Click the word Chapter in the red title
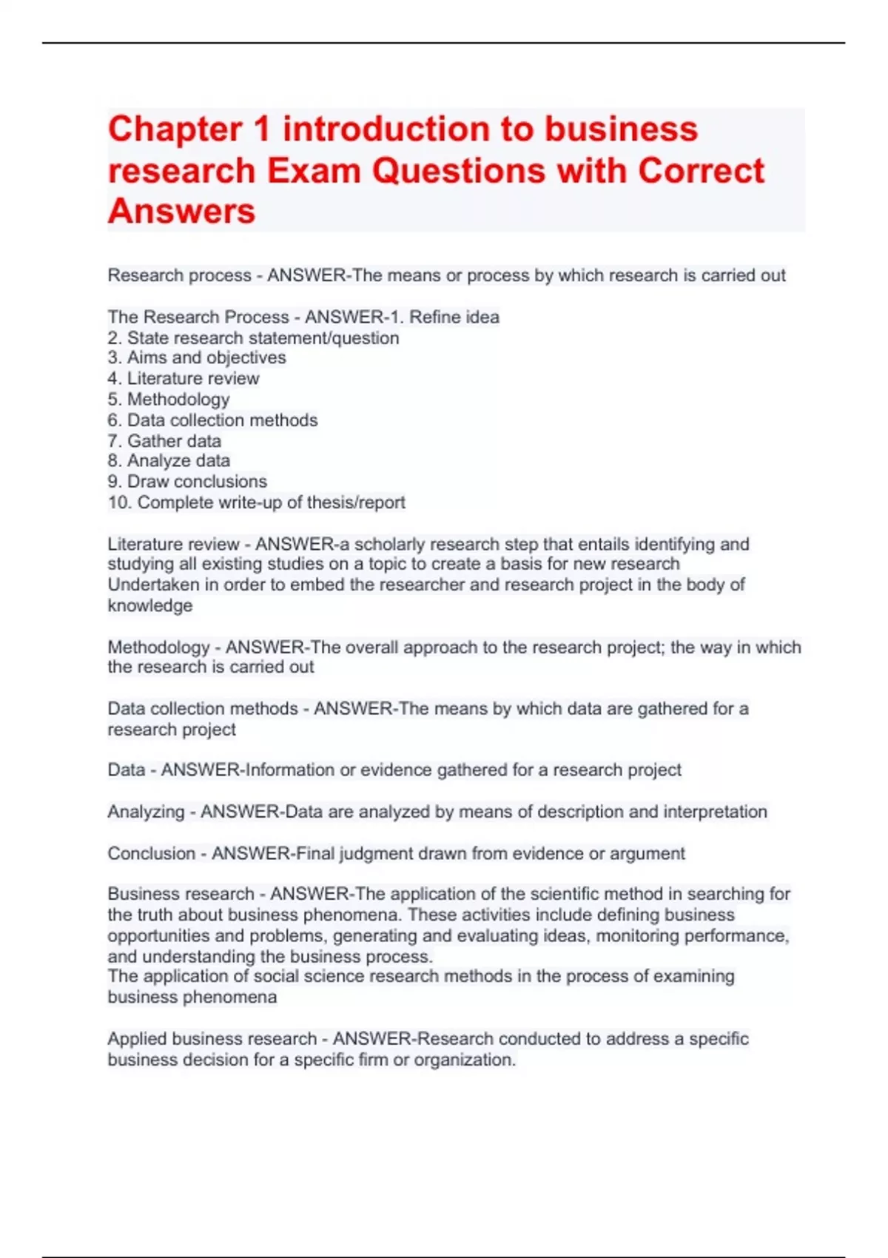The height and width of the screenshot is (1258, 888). [x=175, y=129]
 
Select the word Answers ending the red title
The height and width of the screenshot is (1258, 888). [x=181, y=212]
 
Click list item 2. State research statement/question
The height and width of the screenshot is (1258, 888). [x=253, y=338]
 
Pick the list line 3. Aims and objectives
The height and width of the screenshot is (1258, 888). [x=197, y=358]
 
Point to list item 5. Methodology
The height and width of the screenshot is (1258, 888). [x=169, y=400]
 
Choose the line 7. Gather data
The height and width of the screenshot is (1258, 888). [x=164, y=441]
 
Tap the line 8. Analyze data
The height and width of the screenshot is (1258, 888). [x=169, y=461]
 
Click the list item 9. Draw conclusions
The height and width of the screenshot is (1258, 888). [x=187, y=482]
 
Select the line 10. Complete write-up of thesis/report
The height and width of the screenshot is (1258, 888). [x=256, y=502]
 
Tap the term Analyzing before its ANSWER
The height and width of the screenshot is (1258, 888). [x=146, y=812]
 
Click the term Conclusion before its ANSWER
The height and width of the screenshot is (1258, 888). [x=152, y=853]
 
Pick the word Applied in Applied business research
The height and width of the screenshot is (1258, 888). [x=137, y=1039]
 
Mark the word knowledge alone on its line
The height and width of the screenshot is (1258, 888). [x=149, y=605]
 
